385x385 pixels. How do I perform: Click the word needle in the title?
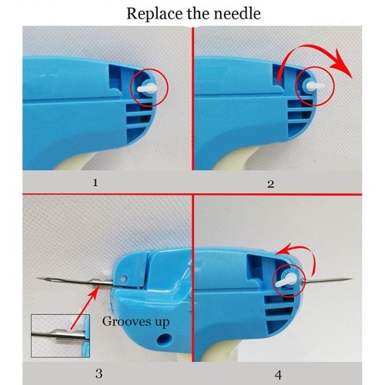(237, 13)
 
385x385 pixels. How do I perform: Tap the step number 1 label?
(95, 182)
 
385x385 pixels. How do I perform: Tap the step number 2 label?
(271, 184)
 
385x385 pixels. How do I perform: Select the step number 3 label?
(99, 373)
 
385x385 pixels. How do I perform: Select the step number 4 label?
(278, 375)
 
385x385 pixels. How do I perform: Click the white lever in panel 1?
(147, 89)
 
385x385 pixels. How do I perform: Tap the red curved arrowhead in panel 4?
(282, 249)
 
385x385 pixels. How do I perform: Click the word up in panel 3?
(162, 323)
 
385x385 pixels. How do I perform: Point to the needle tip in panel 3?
(37, 279)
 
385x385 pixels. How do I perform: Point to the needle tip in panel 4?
(353, 279)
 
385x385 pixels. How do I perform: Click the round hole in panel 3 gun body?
(162, 339)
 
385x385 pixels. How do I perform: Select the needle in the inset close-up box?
(58, 336)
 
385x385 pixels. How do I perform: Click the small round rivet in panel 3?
(124, 279)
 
